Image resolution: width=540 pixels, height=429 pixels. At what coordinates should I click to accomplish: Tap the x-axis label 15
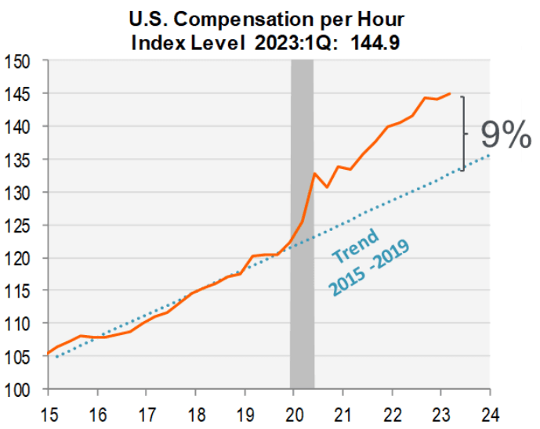[x=49, y=412]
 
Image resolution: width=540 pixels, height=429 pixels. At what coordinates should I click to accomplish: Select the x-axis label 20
[x=294, y=412]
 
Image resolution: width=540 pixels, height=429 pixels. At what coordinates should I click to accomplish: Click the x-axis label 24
[x=490, y=412]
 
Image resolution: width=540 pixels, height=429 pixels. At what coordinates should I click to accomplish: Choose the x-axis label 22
[x=392, y=412]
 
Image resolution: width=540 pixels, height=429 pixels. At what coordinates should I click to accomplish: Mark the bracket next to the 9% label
[x=464, y=133]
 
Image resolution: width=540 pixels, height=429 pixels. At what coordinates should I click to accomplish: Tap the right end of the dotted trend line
[x=489, y=155]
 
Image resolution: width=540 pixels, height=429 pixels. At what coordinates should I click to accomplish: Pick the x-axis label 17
[x=147, y=412]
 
